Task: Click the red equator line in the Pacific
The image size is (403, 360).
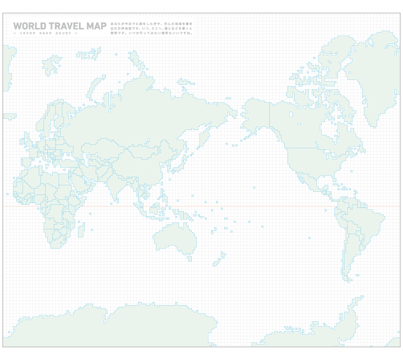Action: (x=258, y=206)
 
